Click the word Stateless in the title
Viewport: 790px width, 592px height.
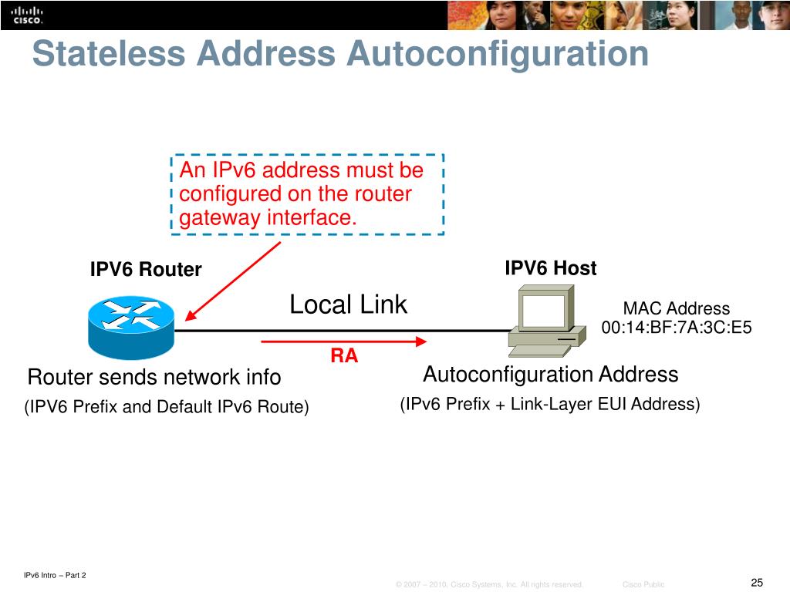[108, 54]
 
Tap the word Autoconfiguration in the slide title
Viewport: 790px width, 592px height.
[497, 54]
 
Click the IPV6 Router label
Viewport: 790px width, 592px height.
[145, 270]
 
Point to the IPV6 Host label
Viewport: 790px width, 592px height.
[550, 268]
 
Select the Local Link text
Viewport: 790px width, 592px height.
[348, 304]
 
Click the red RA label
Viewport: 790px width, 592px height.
[344, 356]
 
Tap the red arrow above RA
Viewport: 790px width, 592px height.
[343, 341]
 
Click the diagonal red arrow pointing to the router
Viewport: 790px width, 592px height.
[234, 280]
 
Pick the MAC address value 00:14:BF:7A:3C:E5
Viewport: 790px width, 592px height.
[677, 328]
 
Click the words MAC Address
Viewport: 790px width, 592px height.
[676, 308]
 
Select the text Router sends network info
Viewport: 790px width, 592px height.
[154, 378]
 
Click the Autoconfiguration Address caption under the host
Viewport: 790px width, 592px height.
[551, 375]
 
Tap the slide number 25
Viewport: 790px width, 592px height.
[756, 582]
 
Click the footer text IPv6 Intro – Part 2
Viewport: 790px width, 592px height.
[55, 575]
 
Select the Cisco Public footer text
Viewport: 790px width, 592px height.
[643, 585]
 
